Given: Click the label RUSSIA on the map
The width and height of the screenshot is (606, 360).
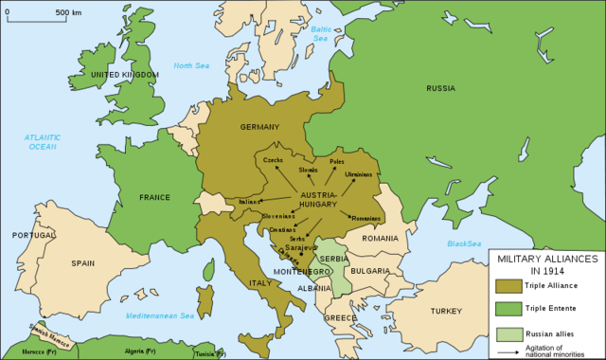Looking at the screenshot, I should (441, 89).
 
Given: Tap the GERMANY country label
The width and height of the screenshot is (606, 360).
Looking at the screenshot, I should (259, 127).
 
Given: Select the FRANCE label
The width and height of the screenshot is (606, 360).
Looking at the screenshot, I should (154, 198).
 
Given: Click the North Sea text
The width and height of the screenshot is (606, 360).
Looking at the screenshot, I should (189, 65).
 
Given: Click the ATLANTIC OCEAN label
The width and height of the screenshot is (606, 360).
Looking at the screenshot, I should (44, 143).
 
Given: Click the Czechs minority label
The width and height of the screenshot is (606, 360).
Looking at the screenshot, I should (273, 161).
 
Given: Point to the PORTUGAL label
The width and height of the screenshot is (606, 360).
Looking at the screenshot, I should (34, 235).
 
